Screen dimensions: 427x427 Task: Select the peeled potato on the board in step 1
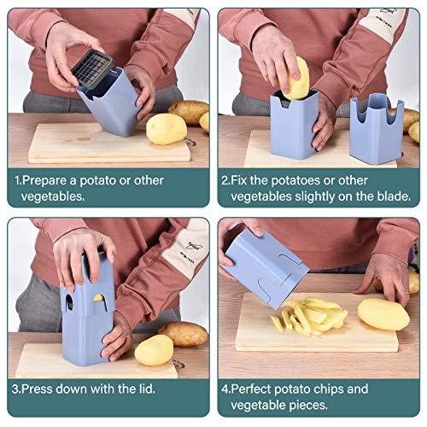pos(167,128)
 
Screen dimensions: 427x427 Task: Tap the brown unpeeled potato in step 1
pos(189,112)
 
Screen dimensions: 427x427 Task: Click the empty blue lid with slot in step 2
pos(375,128)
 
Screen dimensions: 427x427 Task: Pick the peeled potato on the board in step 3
pos(155,350)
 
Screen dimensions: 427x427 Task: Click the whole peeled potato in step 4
pos(382,314)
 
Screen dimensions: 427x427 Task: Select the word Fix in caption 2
pos(241,181)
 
